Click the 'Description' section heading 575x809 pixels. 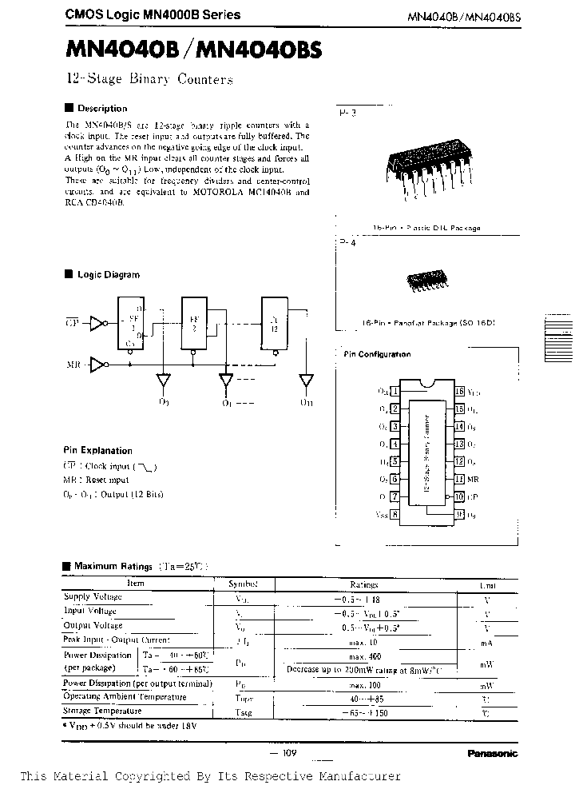(x=101, y=108)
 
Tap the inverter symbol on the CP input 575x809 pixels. (x=97, y=323)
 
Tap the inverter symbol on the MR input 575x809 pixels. (x=97, y=365)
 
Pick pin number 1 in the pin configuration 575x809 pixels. (x=395, y=392)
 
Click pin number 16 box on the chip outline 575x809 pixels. (x=459, y=392)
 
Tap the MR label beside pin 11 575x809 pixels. (x=473, y=479)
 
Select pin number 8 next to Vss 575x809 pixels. (x=395, y=515)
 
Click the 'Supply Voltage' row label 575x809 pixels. (x=93, y=596)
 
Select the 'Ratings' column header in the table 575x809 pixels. (x=363, y=584)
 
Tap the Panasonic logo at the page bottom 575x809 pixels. (x=490, y=753)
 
